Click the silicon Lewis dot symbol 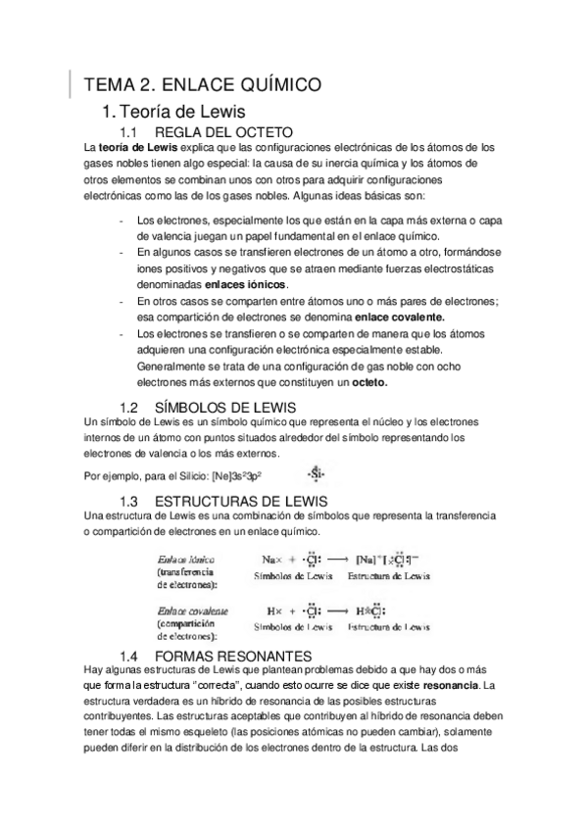point(316,475)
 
